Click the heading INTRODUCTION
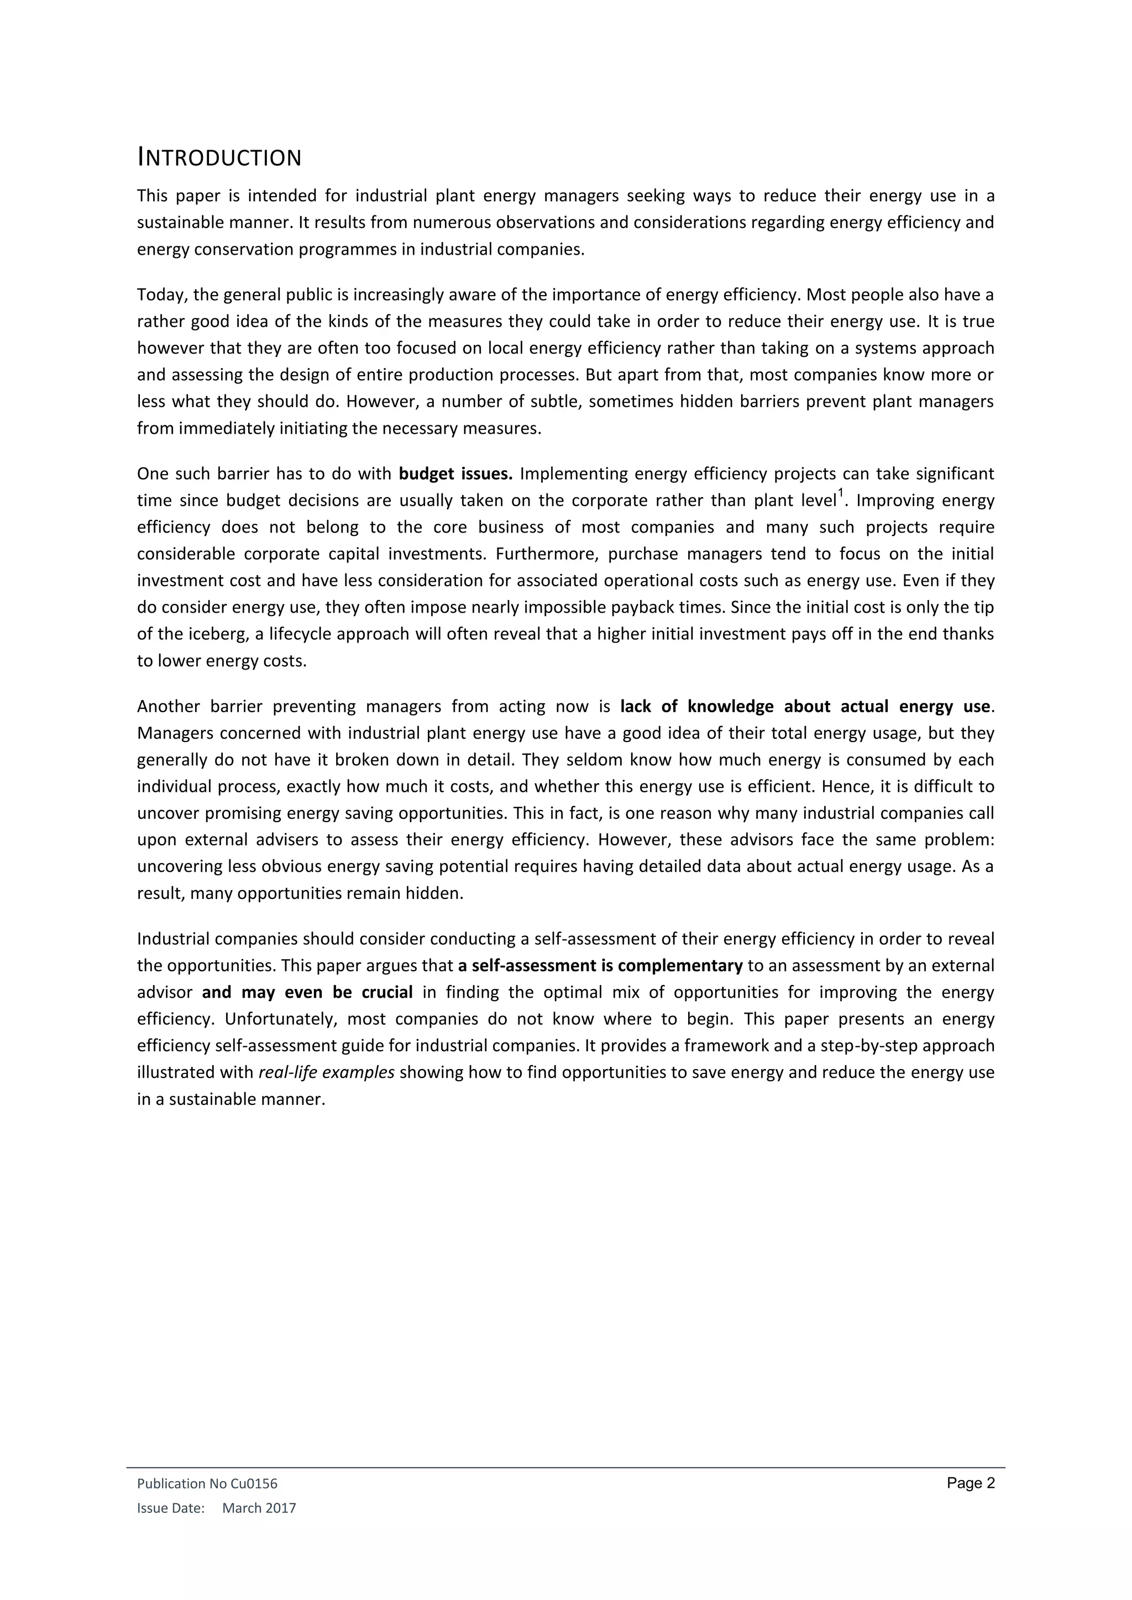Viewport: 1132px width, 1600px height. pos(219,158)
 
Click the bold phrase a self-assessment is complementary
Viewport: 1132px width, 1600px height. pos(600,966)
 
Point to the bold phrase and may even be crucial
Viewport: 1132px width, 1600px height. pos(307,992)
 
